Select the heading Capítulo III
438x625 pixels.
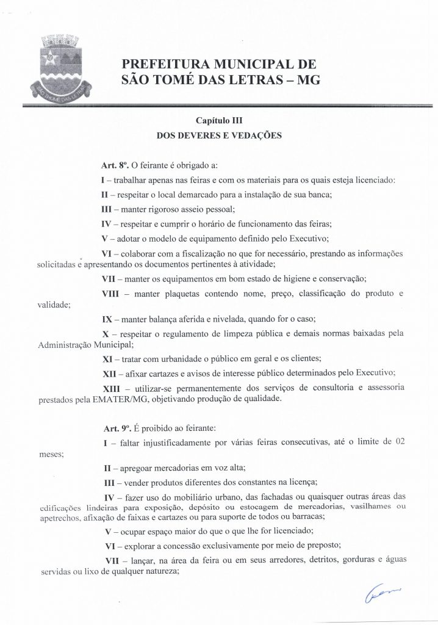[x=219, y=121]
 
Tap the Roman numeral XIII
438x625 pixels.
[x=113, y=388]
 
